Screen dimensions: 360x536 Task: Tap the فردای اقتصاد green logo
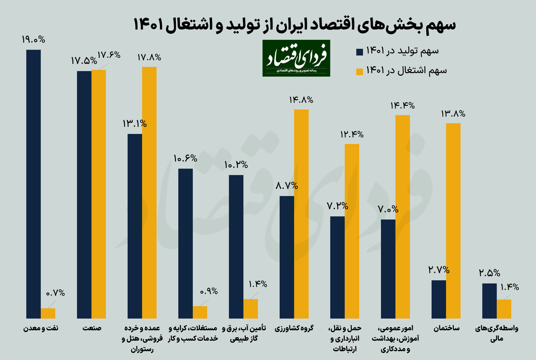[296, 58]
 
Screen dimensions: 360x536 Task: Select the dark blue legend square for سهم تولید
[359, 52]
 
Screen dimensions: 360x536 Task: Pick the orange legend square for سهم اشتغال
[359, 71]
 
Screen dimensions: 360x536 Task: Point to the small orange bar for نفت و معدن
[48, 313]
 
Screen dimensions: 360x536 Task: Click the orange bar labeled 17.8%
[149, 193]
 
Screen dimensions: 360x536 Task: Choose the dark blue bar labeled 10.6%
[186, 243]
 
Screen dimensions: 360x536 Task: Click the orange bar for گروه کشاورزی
[301, 214]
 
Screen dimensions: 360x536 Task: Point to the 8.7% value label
[287, 186]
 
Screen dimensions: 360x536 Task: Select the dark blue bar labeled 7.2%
[338, 267]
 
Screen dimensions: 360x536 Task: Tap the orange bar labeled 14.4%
[403, 216]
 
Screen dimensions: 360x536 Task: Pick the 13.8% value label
[453, 114]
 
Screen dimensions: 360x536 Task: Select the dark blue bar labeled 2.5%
[490, 301]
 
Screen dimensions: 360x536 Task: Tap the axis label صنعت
[92, 329]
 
